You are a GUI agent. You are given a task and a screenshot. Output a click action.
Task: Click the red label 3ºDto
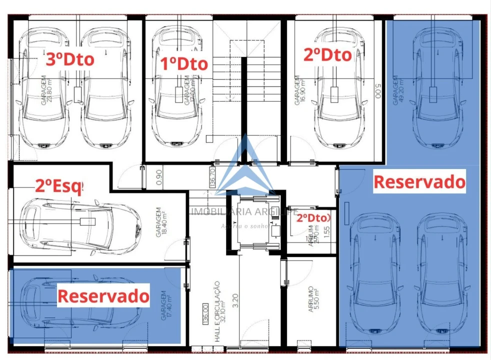[70, 59]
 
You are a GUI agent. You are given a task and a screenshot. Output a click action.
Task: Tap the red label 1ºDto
[184, 64]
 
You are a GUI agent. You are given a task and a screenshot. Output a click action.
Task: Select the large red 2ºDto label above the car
[327, 54]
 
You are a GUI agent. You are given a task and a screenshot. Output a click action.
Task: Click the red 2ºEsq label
[58, 186]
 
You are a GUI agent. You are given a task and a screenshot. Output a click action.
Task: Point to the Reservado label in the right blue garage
[419, 182]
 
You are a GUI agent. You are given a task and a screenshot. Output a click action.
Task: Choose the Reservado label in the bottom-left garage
[103, 296]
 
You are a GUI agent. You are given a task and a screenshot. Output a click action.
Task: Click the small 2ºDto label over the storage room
[313, 218]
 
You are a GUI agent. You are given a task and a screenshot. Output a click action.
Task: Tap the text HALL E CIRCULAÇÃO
[217, 310]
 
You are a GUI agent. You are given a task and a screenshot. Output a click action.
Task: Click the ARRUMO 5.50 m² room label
[313, 299]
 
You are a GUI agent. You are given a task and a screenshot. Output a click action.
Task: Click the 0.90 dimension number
[159, 177]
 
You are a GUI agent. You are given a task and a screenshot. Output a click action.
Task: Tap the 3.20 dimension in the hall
[235, 299]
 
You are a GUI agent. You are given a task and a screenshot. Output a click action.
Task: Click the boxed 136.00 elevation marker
[205, 314]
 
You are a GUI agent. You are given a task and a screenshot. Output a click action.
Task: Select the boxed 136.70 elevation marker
[212, 177]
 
